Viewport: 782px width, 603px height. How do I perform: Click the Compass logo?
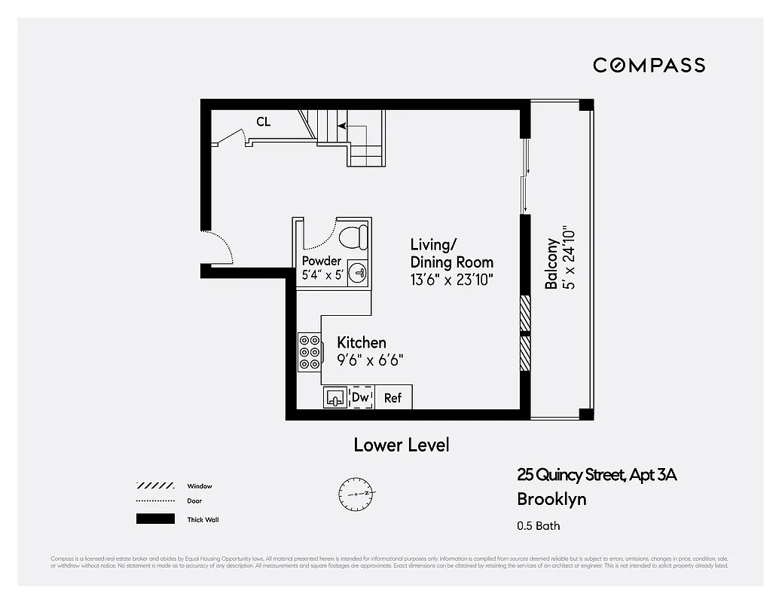click(x=649, y=66)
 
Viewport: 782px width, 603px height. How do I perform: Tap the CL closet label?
click(x=263, y=122)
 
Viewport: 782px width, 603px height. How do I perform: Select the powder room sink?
click(x=361, y=273)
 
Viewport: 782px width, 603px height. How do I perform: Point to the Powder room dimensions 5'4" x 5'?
click(x=322, y=276)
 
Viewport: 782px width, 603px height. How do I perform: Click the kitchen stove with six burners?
click(x=309, y=352)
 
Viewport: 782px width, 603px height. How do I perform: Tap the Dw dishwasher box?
click(x=362, y=397)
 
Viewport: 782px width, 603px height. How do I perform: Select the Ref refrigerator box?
click(x=393, y=398)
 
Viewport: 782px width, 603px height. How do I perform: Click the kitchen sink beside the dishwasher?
click(x=335, y=397)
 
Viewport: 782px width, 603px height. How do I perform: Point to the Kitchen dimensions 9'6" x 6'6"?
click(x=370, y=360)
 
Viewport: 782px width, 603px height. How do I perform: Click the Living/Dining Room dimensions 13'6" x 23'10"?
click(x=452, y=280)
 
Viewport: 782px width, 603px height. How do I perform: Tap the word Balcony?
click(x=551, y=264)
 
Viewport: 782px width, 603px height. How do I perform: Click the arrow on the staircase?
click(x=342, y=127)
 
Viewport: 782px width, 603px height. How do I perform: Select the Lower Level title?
click(x=402, y=445)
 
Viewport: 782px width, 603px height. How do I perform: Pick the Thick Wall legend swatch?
click(x=155, y=519)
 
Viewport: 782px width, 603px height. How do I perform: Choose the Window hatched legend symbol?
click(x=155, y=486)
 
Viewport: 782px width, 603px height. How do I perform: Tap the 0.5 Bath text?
click(x=539, y=526)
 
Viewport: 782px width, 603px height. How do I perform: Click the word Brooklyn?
click(x=551, y=499)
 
